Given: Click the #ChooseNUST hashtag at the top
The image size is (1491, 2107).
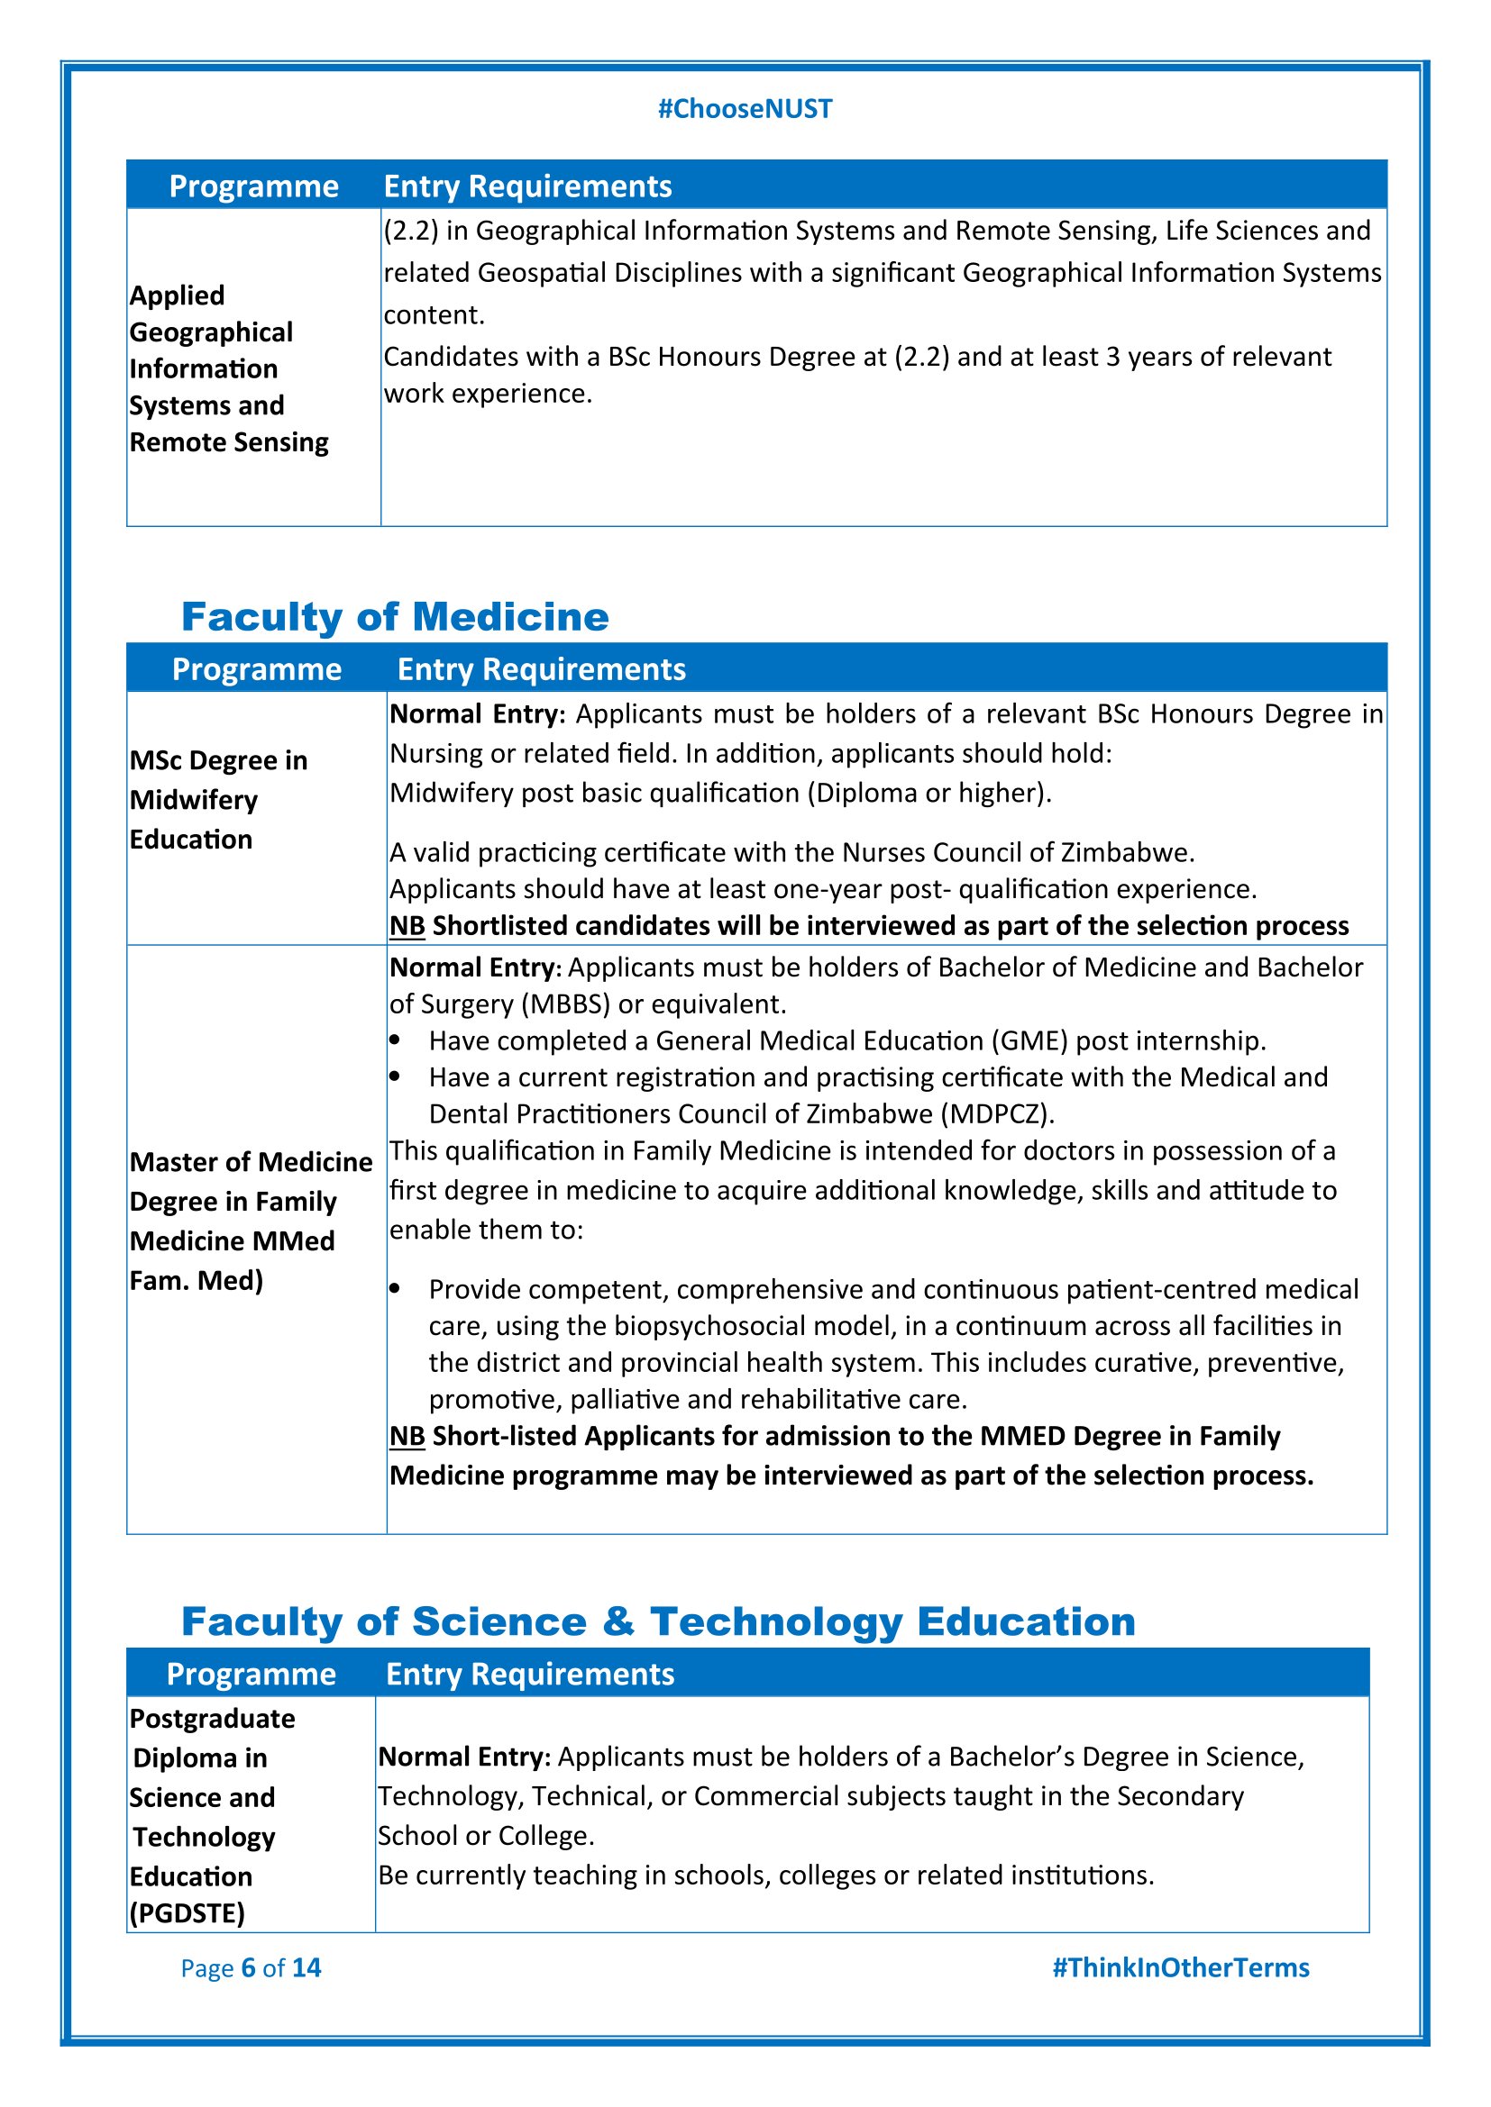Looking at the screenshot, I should (x=745, y=109).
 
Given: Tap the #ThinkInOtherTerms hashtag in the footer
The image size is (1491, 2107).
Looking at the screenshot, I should (x=1180, y=1967).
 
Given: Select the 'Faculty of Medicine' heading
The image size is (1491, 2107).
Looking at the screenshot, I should (x=395, y=617).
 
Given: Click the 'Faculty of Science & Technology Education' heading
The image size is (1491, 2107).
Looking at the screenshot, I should (x=658, y=1621).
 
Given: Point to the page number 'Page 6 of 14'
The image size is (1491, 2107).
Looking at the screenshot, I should (x=251, y=1967).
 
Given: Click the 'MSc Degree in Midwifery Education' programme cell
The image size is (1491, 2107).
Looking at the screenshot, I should (x=218, y=799).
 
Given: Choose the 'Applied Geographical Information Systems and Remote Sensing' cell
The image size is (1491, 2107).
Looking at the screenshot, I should (x=229, y=368).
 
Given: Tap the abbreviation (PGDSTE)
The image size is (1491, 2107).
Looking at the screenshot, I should (x=188, y=1913).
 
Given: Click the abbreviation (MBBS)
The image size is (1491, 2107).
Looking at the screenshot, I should (x=565, y=1004).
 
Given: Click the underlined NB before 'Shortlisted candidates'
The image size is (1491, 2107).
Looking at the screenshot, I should (x=407, y=926).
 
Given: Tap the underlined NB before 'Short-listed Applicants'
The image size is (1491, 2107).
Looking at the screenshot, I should (x=407, y=1436).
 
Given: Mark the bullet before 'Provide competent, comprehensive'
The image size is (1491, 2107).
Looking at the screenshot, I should (x=395, y=1289).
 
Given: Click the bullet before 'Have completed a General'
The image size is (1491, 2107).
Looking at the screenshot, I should (x=395, y=1040).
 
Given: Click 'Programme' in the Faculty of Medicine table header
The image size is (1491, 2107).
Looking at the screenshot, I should (x=256, y=669).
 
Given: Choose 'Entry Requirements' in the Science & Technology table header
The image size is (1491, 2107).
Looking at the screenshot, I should (x=530, y=1674).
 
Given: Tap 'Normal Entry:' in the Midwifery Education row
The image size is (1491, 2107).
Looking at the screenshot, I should (x=478, y=714).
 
